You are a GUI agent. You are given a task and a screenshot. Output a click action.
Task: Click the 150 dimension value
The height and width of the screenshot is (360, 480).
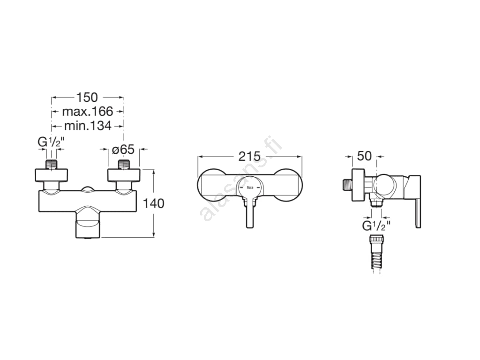87,97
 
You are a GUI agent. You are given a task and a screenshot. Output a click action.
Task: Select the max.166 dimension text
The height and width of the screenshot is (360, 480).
88,112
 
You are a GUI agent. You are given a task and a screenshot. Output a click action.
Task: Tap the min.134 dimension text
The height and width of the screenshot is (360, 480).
88,126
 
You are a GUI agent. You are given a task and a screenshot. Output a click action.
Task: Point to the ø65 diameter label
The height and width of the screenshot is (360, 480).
123,150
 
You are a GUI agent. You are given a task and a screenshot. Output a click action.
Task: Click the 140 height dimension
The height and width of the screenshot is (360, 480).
154,203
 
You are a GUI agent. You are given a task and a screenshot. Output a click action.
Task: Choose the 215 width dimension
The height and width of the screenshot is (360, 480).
249,157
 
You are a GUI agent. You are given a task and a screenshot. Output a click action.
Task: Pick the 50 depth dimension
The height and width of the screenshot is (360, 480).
364,156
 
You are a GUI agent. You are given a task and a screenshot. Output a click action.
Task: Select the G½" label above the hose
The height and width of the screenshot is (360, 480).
376,226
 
